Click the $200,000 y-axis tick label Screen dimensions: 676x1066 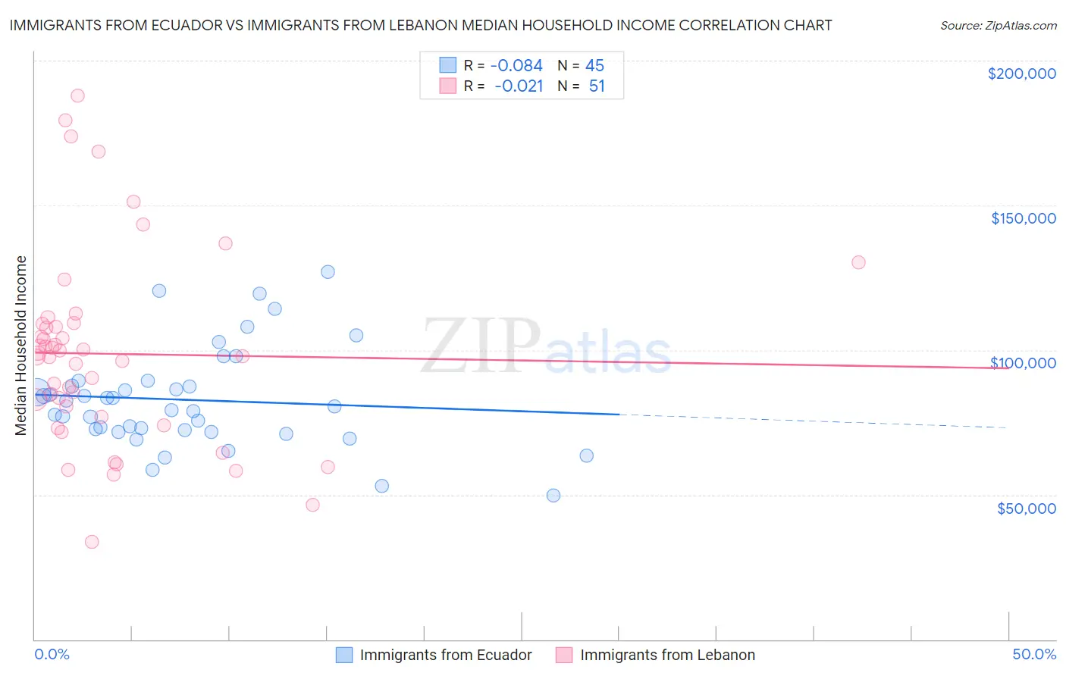click(x=1021, y=74)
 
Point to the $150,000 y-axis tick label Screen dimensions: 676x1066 click(x=1023, y=218)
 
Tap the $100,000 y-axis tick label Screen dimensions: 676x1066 click(x=1023, y=363)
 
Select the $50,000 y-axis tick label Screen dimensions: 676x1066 click(x=1026, y=508)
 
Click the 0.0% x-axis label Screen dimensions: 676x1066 click(x=52, y=655)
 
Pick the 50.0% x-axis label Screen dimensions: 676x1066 click(x=1034, y=655)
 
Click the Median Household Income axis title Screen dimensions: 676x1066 click(x=21, y=346)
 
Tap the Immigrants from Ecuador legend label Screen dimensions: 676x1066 click(x=446, y=656)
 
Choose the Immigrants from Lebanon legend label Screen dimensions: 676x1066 click(x=667, y=656)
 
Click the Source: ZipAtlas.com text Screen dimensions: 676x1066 click(x=999, y=26)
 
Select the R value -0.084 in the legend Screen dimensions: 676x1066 click(x=516, y=66)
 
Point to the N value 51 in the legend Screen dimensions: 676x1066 click(x=597, y=86)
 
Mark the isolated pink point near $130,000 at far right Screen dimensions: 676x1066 click(x=858, y=262)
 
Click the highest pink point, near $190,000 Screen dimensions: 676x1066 click(x=77, y=95)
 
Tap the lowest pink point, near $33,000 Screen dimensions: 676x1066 click(x=92, y=542)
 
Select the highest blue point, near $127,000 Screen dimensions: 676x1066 click(x=328, y=271)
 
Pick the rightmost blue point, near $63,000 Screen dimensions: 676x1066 click(x=586, y=455)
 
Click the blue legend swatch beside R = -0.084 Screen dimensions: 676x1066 click(x=448, y=66)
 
